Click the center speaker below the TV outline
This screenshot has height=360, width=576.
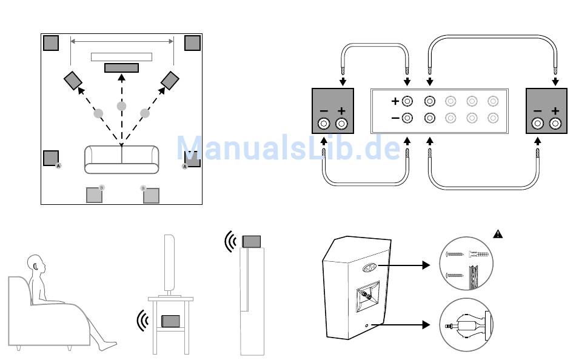pos(121,67)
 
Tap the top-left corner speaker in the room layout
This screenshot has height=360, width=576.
pos(51,43)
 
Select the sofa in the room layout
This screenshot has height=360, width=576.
pos(121,159)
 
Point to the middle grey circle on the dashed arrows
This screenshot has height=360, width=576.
pos(121,106)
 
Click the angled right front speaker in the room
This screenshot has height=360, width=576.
pos(170,79)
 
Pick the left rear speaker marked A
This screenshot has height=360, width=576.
pos(52,158)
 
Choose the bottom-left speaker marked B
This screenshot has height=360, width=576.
pos(94,195)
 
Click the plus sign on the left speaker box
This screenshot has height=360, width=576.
pos(341,111)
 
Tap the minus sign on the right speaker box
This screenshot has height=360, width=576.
pos(537,111)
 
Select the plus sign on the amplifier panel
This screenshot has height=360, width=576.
pos(395,101)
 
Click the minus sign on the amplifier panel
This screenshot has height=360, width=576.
pos(395,118)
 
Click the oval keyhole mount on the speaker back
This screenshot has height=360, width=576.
pos(369,267)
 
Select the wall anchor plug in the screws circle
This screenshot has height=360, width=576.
pos(478,255)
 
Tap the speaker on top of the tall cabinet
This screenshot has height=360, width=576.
pos(251,240)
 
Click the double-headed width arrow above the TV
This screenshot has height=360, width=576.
pos(122,41)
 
